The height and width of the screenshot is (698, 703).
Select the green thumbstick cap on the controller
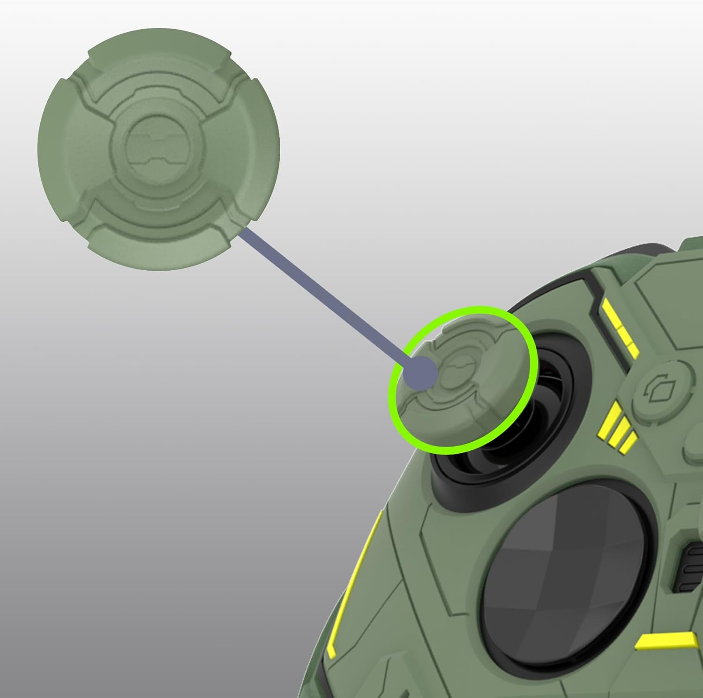462,380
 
